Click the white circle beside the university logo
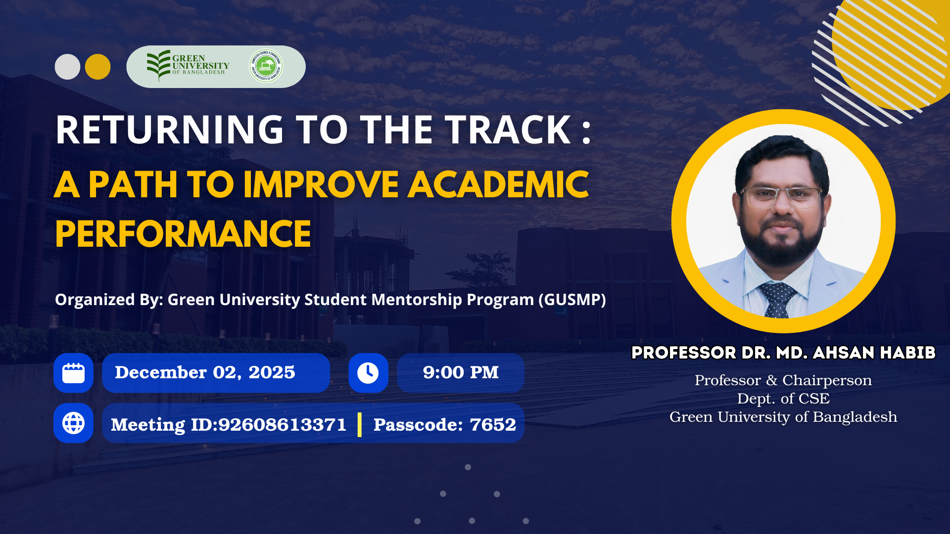pyautogui.click(x=67, y=67)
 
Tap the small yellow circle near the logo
pyautogui.click(x=97, y=67)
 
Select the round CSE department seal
pyautogui.click(x=266, y=65)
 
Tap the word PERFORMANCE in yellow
pyautogui.click(x=183, y=234)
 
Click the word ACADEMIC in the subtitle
pyautogui.click(x=498, y=184)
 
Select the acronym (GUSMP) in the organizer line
pyautogui.click(x=572, y=300)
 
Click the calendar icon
pyautogui.click(x=73, y=373)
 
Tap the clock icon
pyautogui.click(x=368, y=373)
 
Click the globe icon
pyautogui.click(x=73, y=423)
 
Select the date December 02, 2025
pyautogui.click(x=205, y=372)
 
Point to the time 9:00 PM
pyautogui.click(x=461, y=372)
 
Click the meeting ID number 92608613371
pyautogui.click(x=282, y=425)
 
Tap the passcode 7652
pyautogui.click(x=492, y=425)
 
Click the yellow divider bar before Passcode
pyautogui.click(x=360, y=424)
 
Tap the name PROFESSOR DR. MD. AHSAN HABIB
pyautogui.click(x=783, y=353)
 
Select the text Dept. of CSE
pyautogui.click(x=783, y=399)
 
